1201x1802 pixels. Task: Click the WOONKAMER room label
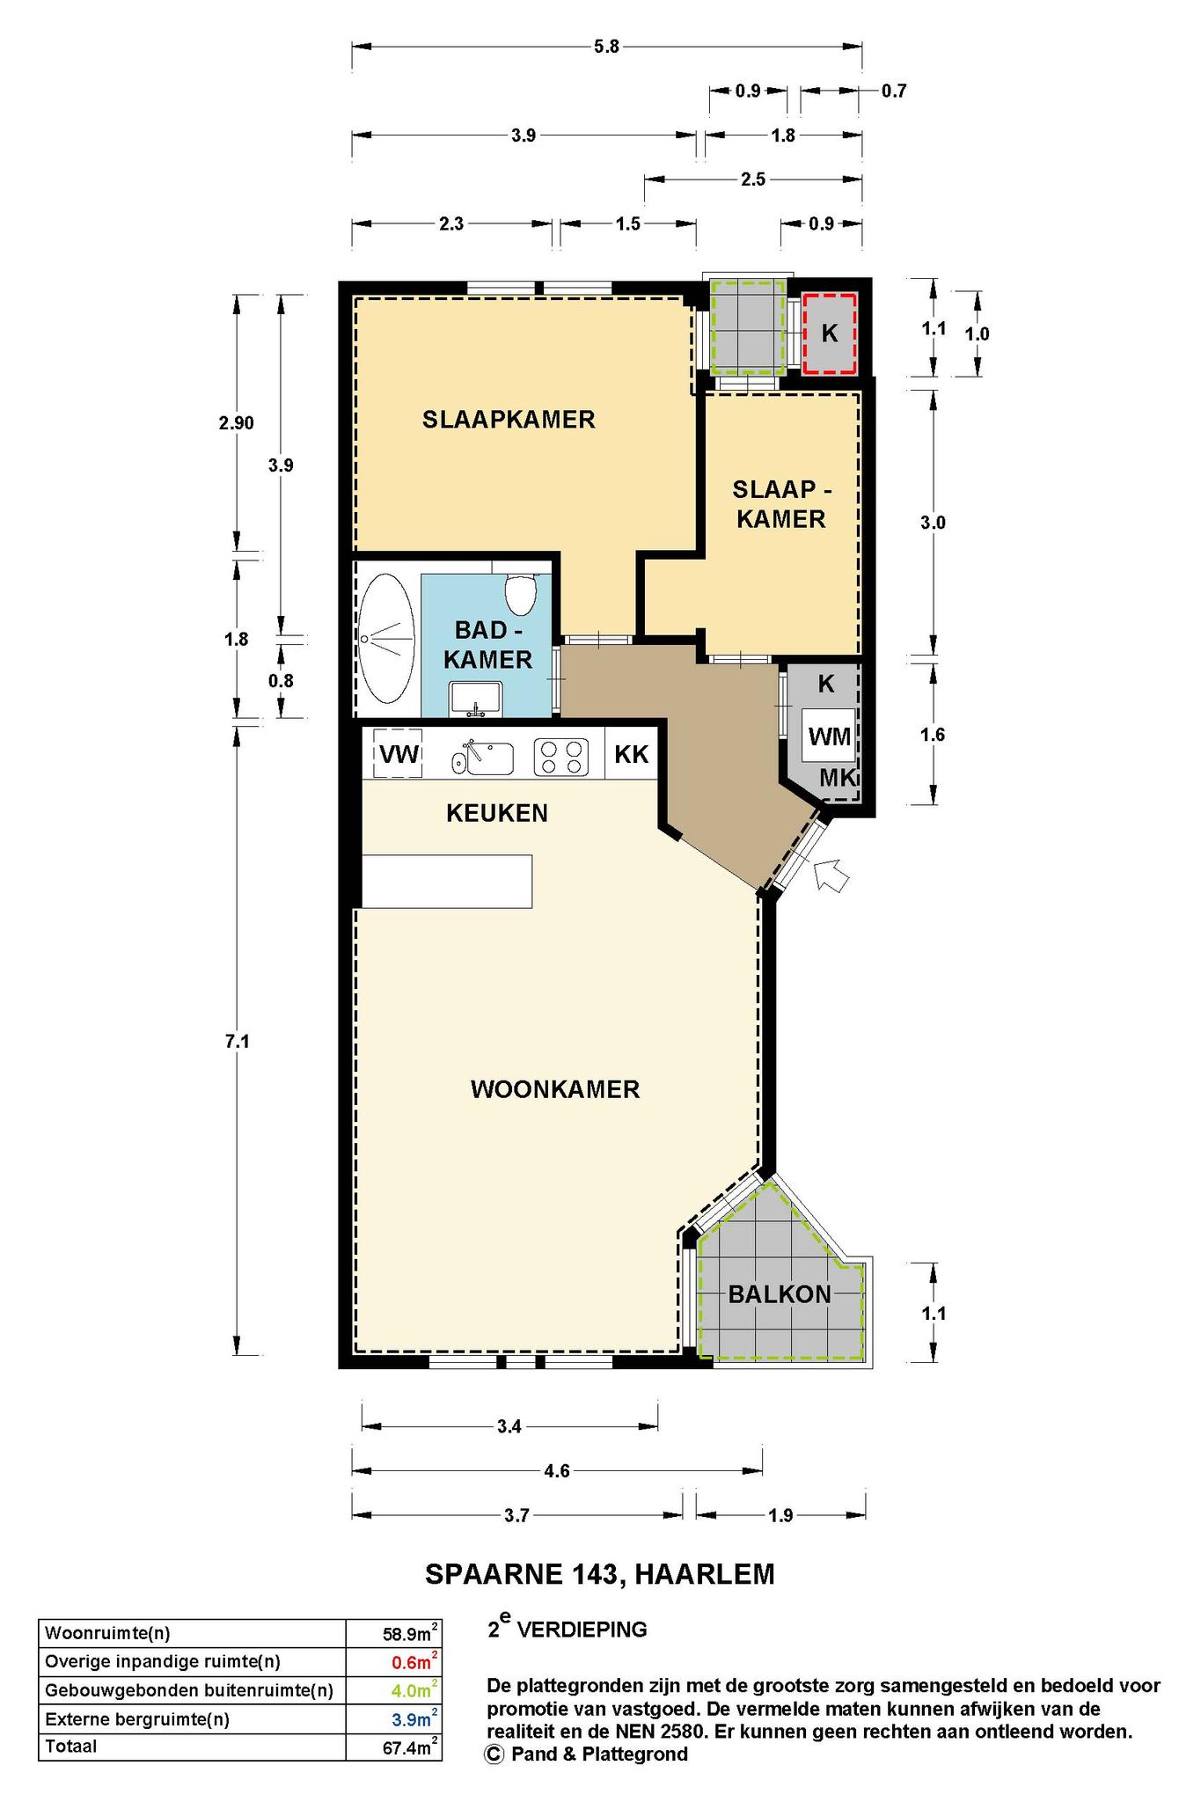[554, 1090]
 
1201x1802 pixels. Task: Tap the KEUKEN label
[497, 813]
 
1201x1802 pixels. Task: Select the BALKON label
[780, 1294]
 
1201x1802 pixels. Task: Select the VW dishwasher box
[399, 754]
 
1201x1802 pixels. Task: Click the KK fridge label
[632, 754]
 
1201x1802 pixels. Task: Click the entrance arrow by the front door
[831, 876]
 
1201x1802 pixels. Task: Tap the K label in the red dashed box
[829, 333]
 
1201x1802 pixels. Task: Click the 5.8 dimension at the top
[607, 47]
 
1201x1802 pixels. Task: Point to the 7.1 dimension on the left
[238, 1042]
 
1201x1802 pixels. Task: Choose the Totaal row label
[70, 1747]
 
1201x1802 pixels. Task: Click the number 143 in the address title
[599, 1573]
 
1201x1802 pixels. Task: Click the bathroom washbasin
[475, 699]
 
